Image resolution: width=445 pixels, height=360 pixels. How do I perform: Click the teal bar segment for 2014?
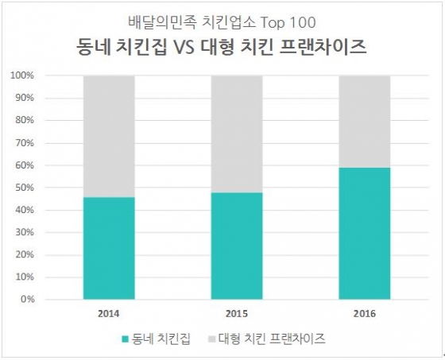coord(109,248)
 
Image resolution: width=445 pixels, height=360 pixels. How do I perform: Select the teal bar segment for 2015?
coord(236,246)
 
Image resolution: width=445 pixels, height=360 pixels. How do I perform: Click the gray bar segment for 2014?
coord(109,136)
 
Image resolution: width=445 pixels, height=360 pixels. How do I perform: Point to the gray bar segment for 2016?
coord(364,121)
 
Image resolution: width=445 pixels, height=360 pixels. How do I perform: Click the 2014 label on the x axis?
coord(109,312)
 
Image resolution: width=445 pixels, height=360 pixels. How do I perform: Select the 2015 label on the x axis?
coord(236,312)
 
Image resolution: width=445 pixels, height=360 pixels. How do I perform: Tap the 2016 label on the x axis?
coord(364,312)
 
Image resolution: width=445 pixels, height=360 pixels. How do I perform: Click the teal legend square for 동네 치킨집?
coord(124,339)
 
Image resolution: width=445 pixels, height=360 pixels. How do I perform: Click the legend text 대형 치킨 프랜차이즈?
coord(270,339)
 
